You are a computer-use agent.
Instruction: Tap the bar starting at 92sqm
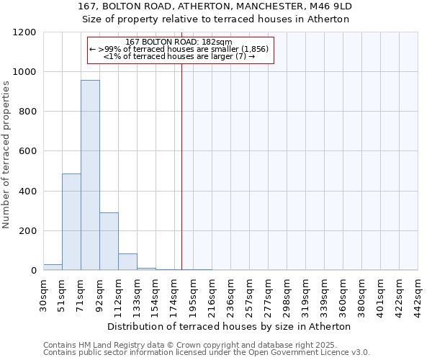109,241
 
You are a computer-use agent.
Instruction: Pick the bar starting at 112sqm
127,262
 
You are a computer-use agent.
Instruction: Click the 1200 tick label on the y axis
24,32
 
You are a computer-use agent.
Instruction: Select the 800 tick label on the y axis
27,112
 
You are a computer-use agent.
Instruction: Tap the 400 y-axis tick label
27,192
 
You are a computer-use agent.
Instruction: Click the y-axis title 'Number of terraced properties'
6,155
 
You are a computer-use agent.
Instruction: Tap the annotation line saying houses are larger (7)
179,56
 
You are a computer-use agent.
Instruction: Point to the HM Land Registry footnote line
195,346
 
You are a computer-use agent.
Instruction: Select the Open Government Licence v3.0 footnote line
206,353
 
